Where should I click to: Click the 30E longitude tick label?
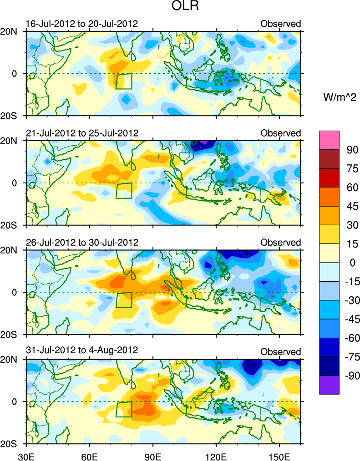click(x=26, y=455)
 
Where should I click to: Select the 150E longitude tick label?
click(x=279, y=455)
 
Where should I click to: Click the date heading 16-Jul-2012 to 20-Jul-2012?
click(x=82, y=24)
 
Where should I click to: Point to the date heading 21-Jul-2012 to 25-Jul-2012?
click(x=82, y=133)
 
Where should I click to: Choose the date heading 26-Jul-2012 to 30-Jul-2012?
click(x=82, y=242)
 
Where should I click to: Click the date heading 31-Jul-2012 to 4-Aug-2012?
click(x=82, y=351)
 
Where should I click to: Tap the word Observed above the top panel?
click(x=280, y=24)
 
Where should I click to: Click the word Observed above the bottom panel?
click(x=280, y=352)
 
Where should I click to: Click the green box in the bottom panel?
click(x=123, y=409)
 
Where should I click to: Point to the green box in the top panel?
click(x=123, y=81)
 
